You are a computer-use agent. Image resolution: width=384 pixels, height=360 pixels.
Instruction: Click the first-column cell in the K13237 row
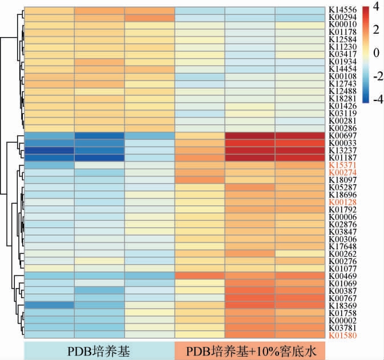pos(48,150)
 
